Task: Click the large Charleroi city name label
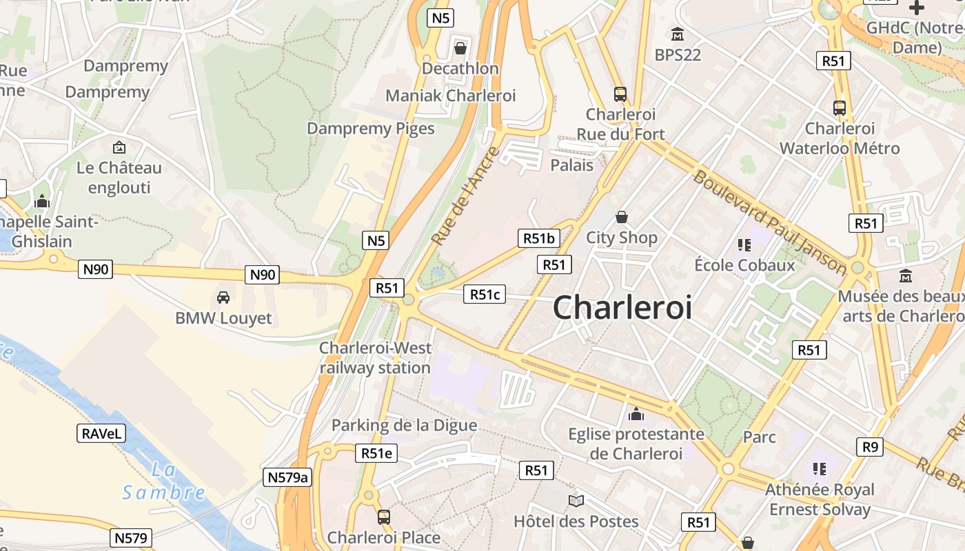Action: click(622, 307)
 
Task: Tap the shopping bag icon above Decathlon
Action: click(460, 48)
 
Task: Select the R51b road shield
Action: click(538, 238)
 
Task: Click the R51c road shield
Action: click(485, 295)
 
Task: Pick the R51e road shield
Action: click(376, 453)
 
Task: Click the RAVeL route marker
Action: click(101, 433)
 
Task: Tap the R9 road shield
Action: click(870, 447)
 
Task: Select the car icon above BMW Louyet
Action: click(223, 297)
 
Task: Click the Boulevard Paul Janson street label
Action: click(769, 222)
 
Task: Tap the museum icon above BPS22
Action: click(678, 34)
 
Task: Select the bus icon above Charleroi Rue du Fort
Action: click(620, 94)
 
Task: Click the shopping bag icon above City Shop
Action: click(622, 217)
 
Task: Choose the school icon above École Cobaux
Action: click(744, 245)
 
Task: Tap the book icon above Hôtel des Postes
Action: click(576, 501)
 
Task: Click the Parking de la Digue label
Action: click(404, 425)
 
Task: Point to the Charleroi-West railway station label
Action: click(375, 357)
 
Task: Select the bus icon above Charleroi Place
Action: click(384, 516)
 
